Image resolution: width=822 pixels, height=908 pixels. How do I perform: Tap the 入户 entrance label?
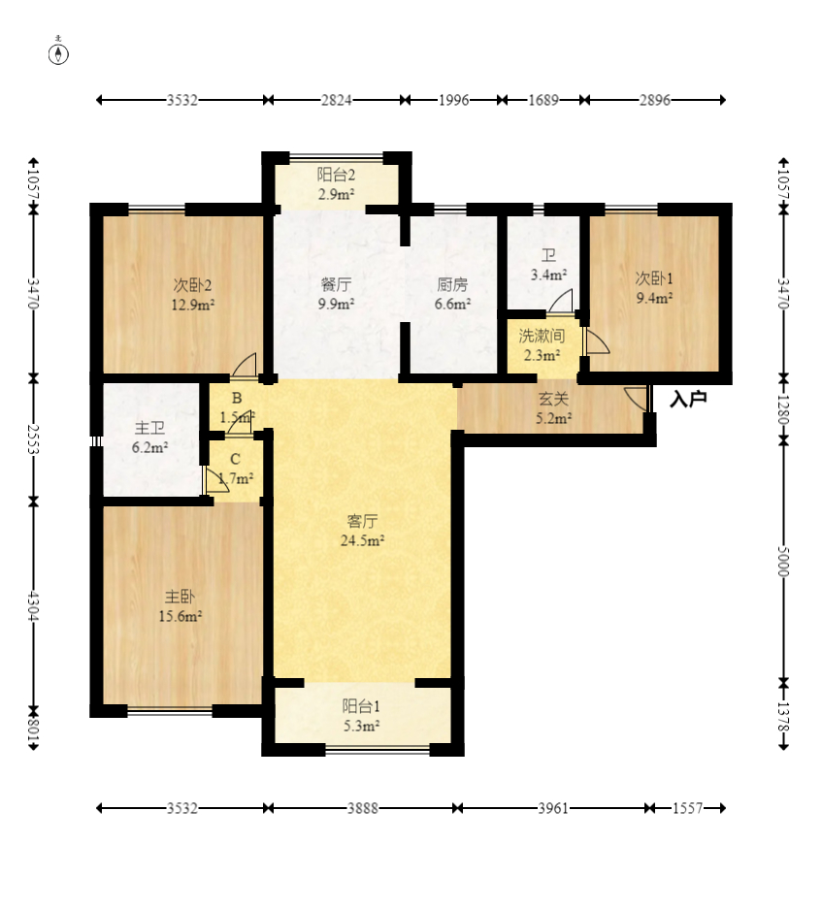[x=688, y=399]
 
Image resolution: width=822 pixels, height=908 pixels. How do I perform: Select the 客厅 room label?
[x=363, y=521]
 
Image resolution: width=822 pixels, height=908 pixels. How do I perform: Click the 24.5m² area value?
[x=363, y=541]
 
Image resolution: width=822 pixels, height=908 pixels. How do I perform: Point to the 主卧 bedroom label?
[x=181, y=597]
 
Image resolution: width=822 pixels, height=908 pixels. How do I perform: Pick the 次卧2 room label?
[x=192, y=285]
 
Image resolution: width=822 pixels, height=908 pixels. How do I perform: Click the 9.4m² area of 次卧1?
[x=654, y=298]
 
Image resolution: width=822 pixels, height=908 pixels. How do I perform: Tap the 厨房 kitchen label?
[x=452, y=284]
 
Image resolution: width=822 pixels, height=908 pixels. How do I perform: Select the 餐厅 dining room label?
[x=336, y=284]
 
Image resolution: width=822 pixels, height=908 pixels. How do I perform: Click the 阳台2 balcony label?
[x=336, y=175]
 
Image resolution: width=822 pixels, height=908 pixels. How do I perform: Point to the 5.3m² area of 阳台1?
[x=361, y=726]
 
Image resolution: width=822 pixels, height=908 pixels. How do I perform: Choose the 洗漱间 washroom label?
[x=542, y=336]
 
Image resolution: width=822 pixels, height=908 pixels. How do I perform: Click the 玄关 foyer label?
[x=554, y=399]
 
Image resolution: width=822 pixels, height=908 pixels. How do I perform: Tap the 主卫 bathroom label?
[x=150, y=428]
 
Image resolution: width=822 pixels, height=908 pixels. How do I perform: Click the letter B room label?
[x=237, y=399]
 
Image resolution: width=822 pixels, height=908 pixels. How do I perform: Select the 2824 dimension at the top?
[x=337, y=100]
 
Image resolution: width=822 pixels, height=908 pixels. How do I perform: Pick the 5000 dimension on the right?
[x=783, y=561]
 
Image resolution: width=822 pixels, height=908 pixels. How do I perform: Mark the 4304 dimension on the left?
[x=34, y=605]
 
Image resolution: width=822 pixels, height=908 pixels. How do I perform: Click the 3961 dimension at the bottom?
[x=553, y=808]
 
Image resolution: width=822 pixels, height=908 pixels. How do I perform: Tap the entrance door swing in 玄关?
[x=637, y=399]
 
